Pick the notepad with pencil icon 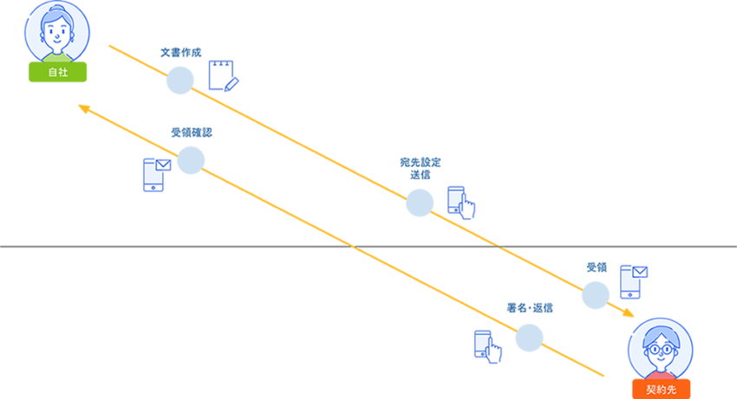(223, 76)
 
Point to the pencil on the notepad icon (232, 83)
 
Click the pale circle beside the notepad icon (180, 80)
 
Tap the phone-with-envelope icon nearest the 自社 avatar (155, 174)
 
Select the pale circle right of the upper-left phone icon (191, 160)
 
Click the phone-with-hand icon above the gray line (460, 202)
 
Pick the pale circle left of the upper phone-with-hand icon (420, 203)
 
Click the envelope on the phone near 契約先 (639, 272)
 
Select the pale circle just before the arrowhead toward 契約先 (596, 295)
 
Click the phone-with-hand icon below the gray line (487, 344)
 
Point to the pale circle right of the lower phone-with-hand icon (529, 338)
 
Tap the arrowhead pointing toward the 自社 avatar (82, 107)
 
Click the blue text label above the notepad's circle (181, 53)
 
